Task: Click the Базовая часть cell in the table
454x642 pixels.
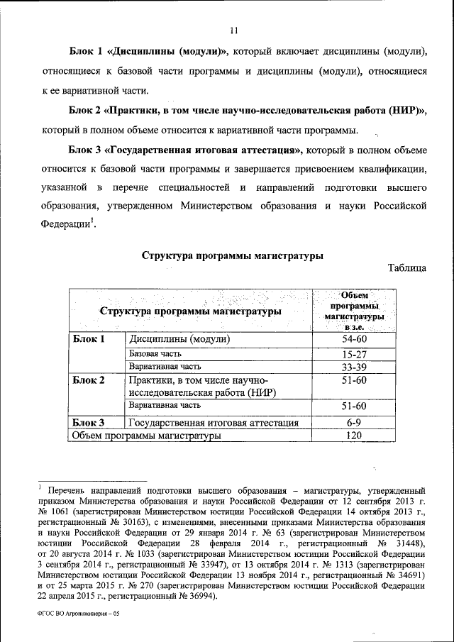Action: (x=155, y=353)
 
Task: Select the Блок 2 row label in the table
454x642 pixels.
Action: (x=89, y=380)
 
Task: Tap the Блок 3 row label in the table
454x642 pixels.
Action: (x=89, y=423)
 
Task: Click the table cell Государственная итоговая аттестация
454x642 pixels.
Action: (x=213, y=423)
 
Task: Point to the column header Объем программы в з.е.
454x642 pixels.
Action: (x=353, y=311)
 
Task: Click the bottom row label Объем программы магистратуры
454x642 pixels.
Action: (x=147, y=436)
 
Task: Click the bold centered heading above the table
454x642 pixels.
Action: (x=233, y=255)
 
